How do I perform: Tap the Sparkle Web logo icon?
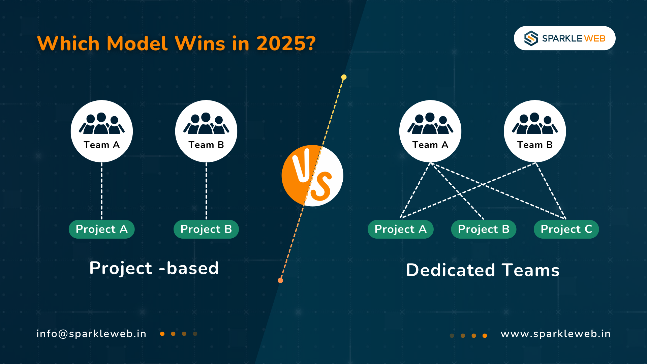[x=531, y=38]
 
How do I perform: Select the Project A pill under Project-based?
[x=101, y=229]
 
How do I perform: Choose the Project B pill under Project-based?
[x=206, y=229]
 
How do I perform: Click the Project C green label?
[x=566, y=229]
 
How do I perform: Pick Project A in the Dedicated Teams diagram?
[x=400, y=229]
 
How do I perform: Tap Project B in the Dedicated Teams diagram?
[x=484, y=229]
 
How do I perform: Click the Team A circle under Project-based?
[x=101, y=131]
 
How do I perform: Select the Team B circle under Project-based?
[x=206, y=131]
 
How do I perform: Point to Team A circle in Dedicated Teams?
[x=430, y=131]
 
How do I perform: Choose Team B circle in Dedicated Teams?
[x=535, y=131]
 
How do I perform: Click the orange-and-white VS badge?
[x=312, y=176]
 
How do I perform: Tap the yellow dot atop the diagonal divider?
[x=344, y=77]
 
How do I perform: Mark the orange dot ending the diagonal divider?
[x=280, y=280]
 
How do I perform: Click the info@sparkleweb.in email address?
[x=91, y=334]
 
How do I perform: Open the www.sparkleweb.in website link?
[x=556, y=334]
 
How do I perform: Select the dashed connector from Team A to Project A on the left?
[x=102, y=191]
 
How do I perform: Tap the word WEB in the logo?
[x=595, y=38]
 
